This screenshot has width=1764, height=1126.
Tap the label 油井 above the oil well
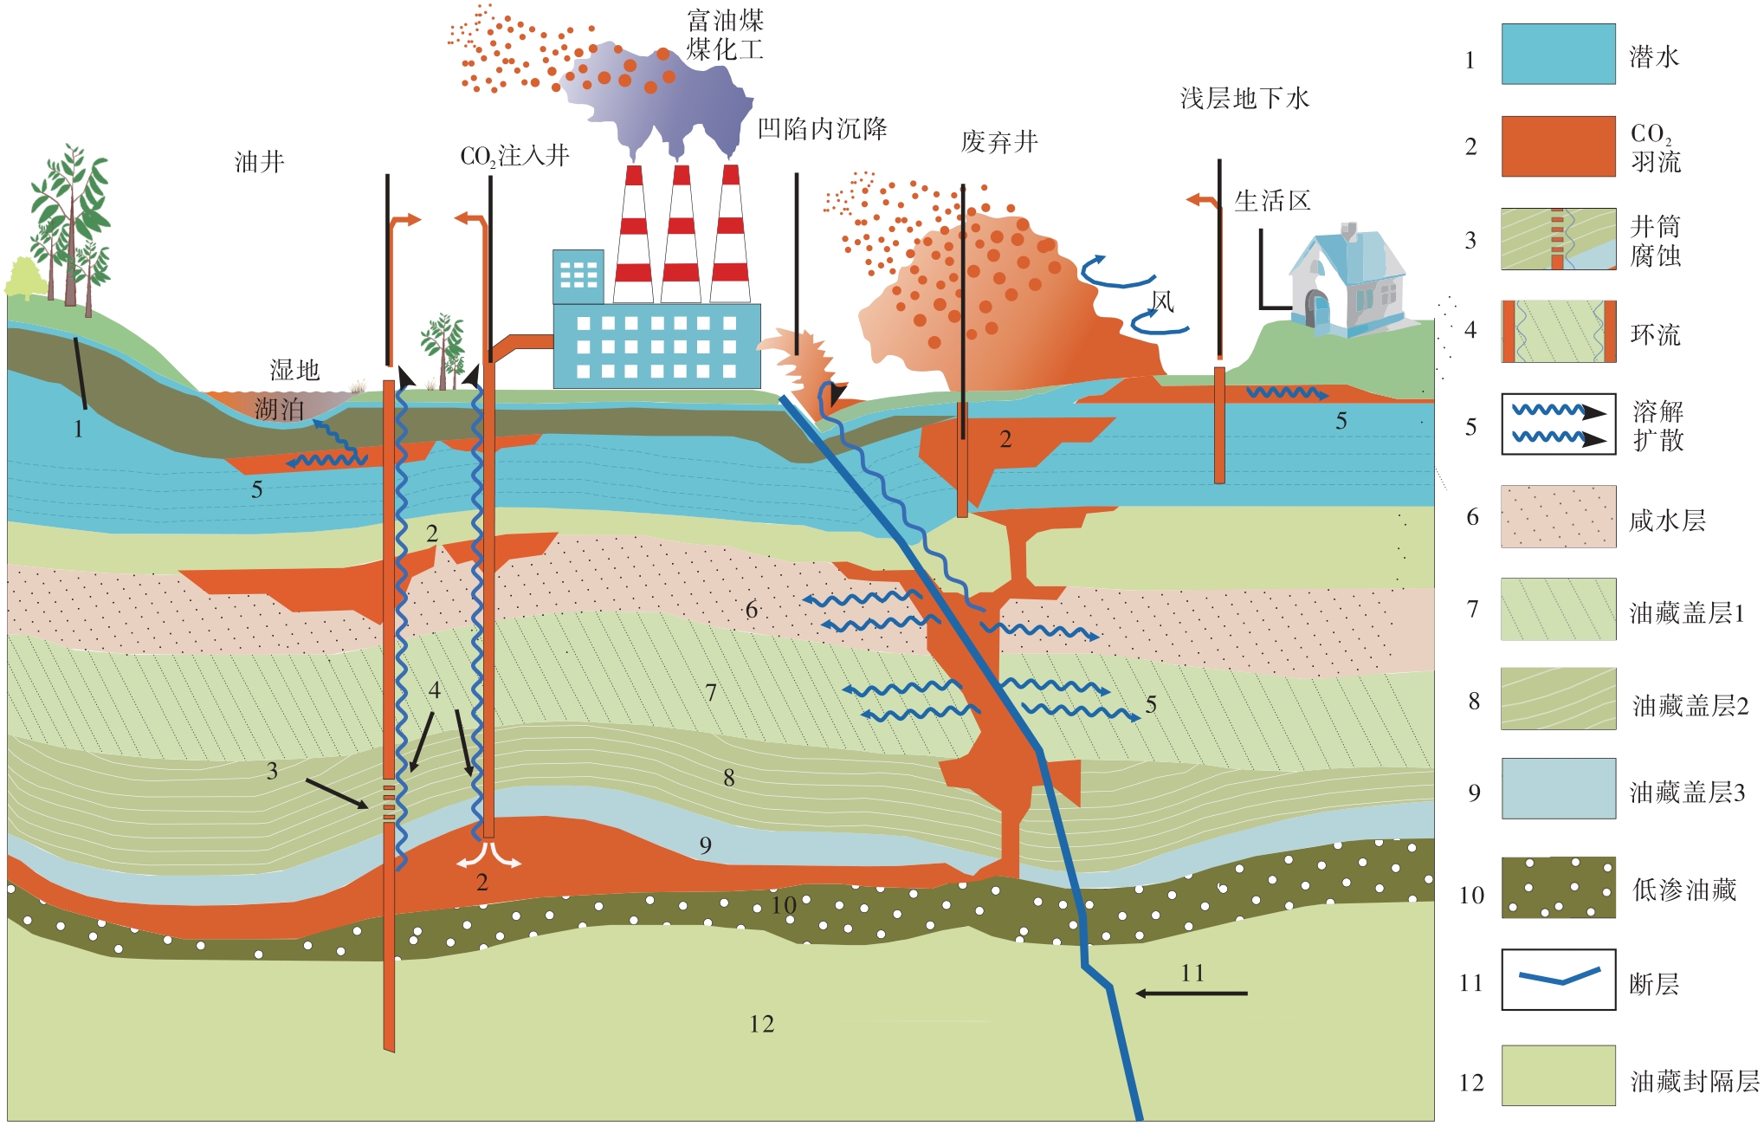pyautogui.click(x=259, y=162)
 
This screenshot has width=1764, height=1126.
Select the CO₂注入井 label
pyautogui.click(x=514, y=156)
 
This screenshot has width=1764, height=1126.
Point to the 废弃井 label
pyautogui.click(x=999, y=141)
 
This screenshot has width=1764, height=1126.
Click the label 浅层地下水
pyautogui.click(x=1244, y=99)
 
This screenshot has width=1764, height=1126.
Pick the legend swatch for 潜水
pyautogui.click(x=1558, y=54)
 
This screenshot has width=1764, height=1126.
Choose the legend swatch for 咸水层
pyautogui.click(x=1558, y=516)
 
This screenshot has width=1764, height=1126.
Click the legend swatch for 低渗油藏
pyautogui.click(x=1558, y=888)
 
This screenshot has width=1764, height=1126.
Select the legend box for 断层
pyautogui.click(x=1558, y=980)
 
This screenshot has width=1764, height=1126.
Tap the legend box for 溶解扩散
pyautogui.click(x=1558, y=424)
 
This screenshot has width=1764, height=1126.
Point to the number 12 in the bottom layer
pyautogui.click(x=761, y=1024)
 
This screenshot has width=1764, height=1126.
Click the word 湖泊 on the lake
pyautogui.click(x=279, y=409)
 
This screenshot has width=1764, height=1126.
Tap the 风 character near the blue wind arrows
pyautogui.click(x=1162, y=301)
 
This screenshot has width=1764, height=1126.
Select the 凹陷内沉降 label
pyautogui.click(x=822, y=129)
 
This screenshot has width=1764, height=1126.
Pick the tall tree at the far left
pyautogui.click(x=69, y=225)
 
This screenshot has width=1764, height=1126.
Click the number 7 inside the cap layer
pyautogui.click(x=711, y=692)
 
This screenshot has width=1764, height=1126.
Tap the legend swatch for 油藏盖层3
pyautogui.click(x=1558, y=789)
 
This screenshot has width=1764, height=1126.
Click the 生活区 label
pyautogui.click(x=1272, y=201)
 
